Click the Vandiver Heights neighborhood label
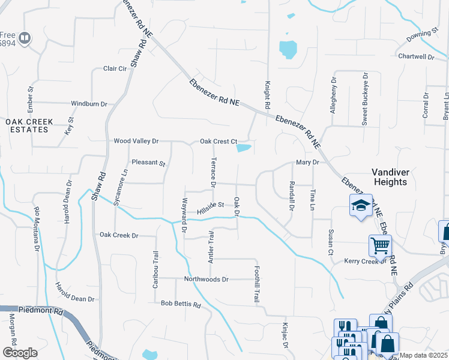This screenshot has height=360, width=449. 391,176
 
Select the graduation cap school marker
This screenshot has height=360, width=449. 360,206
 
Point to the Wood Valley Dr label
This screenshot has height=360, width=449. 136,141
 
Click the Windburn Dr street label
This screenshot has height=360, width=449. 89,104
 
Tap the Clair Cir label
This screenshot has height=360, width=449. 115,69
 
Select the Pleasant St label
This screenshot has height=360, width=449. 148,163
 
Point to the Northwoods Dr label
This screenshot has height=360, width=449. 206,280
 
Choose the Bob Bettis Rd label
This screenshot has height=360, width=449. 180,304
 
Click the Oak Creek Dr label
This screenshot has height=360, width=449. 119,235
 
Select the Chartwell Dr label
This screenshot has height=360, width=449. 416,56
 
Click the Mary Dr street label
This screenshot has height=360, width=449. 307,163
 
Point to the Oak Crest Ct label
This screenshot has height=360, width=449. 219,142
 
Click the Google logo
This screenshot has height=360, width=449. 20,353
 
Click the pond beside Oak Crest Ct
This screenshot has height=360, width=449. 244,148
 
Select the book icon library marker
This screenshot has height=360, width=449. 25,39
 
